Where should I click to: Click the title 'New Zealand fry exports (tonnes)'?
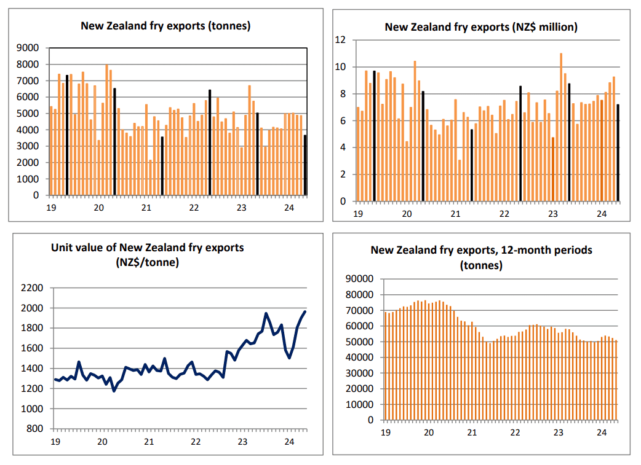pos(165,26)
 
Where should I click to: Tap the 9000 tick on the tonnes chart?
pos(28,48)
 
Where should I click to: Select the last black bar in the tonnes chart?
pos(305,165)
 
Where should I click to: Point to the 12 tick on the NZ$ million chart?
pos(340,40)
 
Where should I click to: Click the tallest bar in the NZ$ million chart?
pos(561,127)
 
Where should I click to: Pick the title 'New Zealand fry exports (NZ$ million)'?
pos(481,28)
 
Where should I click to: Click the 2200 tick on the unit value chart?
pos(32,288)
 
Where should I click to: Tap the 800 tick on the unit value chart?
pos(34,429)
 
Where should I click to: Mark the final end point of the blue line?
pos(305,312)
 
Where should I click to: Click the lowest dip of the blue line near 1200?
pos(114,391)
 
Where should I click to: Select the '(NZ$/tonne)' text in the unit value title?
pos(148,262)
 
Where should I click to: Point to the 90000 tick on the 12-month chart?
pos(360,279)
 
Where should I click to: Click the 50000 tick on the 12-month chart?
pos(360,342)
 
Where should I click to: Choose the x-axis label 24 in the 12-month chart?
pos(602,432)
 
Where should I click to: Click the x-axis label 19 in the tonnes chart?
pos(51,208)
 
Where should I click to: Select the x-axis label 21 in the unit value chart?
pos(149,442)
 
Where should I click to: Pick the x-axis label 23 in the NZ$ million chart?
pos(552,214)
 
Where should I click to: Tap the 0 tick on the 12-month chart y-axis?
pos(370,420)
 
